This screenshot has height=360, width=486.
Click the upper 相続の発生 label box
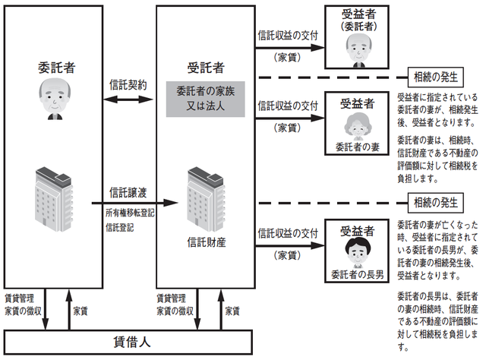pos(435,77)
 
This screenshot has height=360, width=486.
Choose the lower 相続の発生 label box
pos(435,203)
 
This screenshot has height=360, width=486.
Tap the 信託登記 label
pos(120,227)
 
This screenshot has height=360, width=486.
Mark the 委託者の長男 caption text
pos(355,273)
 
